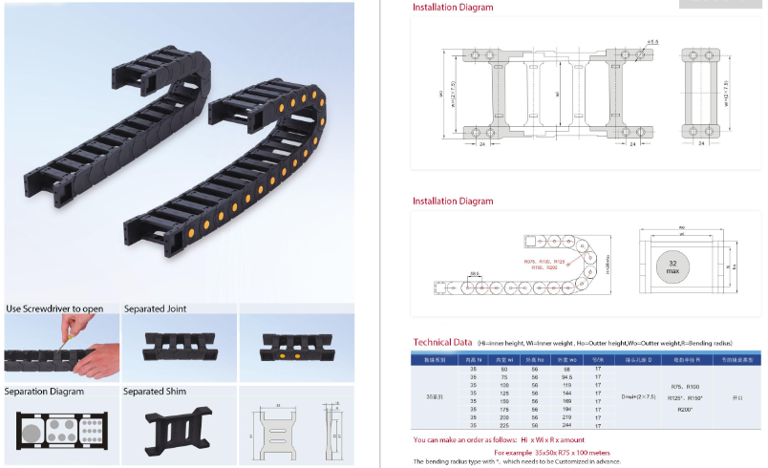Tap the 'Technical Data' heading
tap(442, 342)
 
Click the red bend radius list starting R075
tap(545, 264)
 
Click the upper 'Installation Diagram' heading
tap(453, 8)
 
